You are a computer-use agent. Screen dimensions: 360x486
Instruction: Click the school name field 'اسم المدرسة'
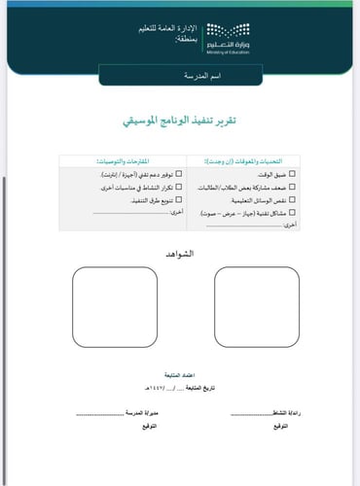coord(180,74)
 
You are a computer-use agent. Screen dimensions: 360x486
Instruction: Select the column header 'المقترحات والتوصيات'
coord(128,159)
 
